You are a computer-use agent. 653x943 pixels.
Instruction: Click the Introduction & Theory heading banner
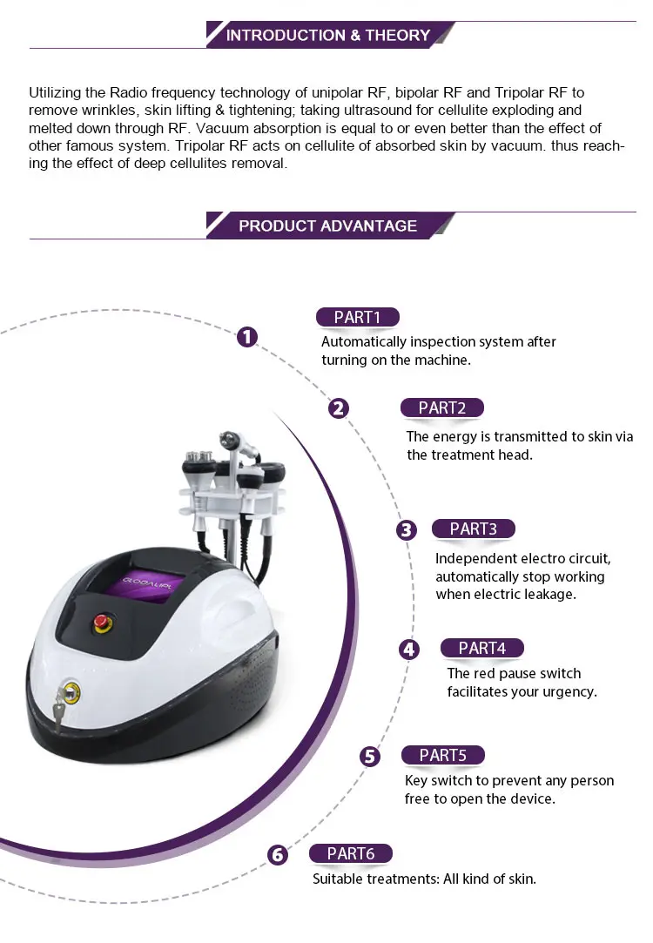tap(329, 35)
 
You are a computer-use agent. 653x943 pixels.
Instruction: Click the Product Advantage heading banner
tap(329, 226)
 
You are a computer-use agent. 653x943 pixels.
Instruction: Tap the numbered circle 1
tap(247, 337)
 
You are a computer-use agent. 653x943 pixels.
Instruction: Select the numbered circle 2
tap(339, 408)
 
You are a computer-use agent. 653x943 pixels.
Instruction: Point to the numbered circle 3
tap(407, 529)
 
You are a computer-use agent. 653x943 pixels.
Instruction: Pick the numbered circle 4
tap(409, 650)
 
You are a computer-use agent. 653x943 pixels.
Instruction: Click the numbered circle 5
tap(370, 756)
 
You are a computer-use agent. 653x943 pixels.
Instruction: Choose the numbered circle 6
tap(277, 854)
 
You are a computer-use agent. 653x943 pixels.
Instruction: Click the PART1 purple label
tap(358, 317)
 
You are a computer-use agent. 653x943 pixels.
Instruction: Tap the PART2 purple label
tap(442, 408)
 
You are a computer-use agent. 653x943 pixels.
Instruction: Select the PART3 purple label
tap(474, 529)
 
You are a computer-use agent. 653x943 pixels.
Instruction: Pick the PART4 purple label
tap(482, 648)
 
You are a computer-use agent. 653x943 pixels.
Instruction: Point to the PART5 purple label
tap(443, 755)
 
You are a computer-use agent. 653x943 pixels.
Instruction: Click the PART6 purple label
tap(351, 853)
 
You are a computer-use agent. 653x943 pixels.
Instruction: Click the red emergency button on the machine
tap(102, 623)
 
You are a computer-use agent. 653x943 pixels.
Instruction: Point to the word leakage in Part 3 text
tap(552, 595)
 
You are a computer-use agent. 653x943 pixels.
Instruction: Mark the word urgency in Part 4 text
tap(570, 692)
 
